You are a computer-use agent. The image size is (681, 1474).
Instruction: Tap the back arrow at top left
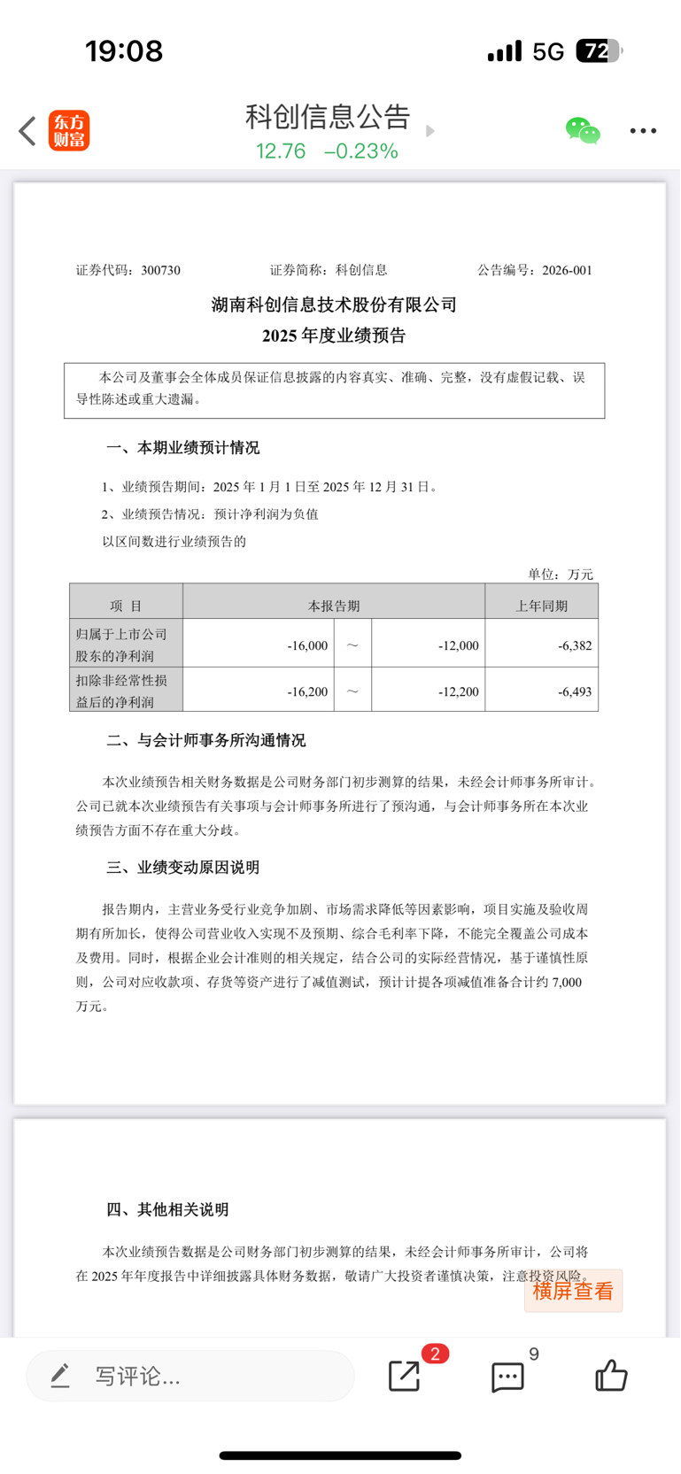tap(27, 131)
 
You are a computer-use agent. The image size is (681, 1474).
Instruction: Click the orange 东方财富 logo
tap(69, 131)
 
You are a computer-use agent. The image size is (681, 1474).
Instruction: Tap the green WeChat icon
tap(582, 131)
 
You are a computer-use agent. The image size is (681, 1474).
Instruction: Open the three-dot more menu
tap(643, 131)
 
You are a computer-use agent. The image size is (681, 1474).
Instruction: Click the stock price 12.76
tap(281, 151)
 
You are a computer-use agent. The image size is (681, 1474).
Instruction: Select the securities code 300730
tap(160, 270)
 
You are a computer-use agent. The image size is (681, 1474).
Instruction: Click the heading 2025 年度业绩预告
tap(334, 336)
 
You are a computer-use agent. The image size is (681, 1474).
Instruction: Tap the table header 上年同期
tap(541, 606)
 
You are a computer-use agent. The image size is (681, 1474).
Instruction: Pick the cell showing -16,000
tap(307, 645)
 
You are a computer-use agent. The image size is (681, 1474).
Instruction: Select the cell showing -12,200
tap(459, 691)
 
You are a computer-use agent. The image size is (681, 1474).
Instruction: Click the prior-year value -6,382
tap(575, 645)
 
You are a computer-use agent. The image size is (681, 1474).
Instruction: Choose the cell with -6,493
tap(575, 691)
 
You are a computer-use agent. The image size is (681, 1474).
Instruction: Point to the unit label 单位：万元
tap(561, 575)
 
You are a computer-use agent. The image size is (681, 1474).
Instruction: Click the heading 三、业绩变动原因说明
tap(183, 868)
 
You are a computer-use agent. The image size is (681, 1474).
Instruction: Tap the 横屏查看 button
tap(573, 1291)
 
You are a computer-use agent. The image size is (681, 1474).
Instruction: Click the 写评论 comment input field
tap(190, 1376)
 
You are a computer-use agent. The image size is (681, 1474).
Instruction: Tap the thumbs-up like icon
tap(611, 1376)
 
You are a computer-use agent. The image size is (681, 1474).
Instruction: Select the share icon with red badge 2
tap(405, 1376)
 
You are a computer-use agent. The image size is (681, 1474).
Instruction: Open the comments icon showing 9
tap(508, 1377)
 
